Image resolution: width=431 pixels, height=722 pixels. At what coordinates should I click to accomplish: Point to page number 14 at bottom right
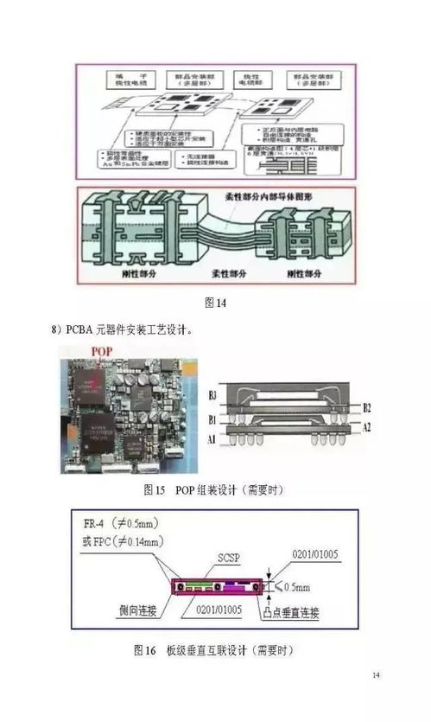pyautogui.click(x=376, y=674)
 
